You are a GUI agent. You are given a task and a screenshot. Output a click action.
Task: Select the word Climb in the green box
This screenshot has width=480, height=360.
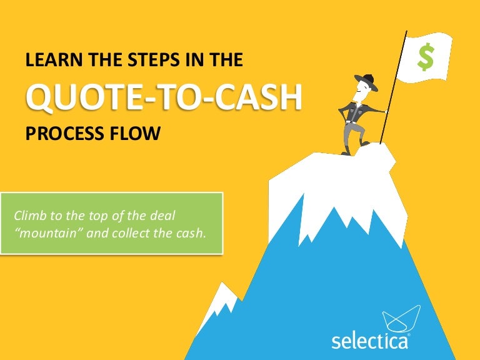point(29,216)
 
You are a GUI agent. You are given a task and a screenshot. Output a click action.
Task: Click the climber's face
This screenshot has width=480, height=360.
point(364,90)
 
